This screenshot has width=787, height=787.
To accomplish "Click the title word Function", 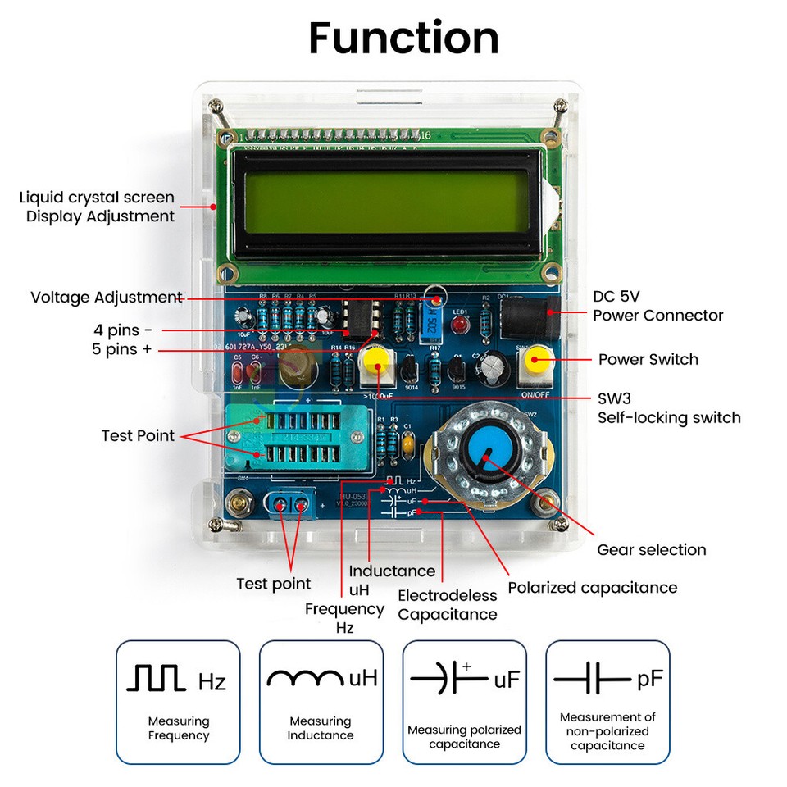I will (403, 39).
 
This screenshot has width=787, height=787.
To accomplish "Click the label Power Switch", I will (648, 359).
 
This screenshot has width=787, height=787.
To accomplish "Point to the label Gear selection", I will (651, 549).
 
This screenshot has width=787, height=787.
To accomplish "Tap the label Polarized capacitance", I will (592, 587).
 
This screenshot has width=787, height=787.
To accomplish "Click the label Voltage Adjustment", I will (106, 297).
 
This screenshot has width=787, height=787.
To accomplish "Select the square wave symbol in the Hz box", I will (157, 678).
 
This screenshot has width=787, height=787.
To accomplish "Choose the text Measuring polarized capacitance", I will (464, 736).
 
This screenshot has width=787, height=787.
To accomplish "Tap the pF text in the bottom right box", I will (649, 679).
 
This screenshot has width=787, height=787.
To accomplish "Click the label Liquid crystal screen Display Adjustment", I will (98, 207).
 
